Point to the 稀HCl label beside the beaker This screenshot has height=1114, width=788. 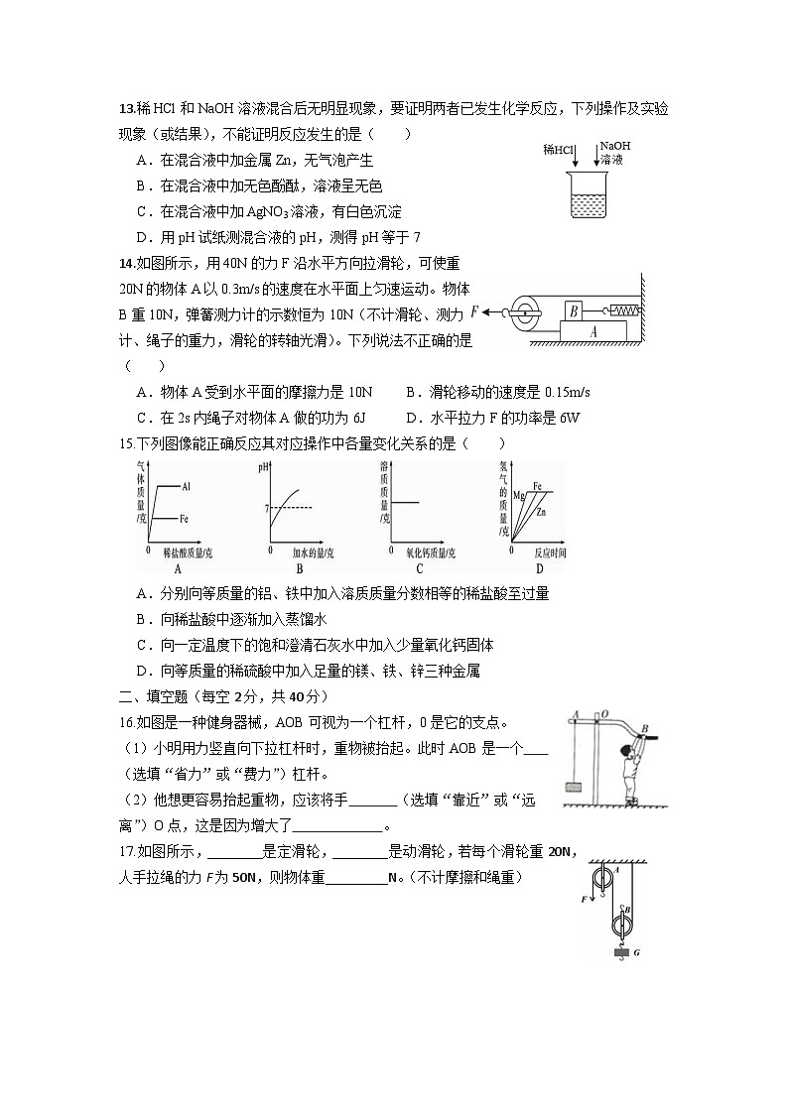(559, 150)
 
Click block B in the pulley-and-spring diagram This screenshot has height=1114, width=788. (573, 310)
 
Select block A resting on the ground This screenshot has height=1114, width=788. (592, 333)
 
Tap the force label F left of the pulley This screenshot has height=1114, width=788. (474, 311)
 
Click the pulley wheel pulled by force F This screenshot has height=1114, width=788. (522, 311)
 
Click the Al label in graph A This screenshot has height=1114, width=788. (187, 486)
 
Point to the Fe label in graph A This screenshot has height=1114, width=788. (186, 518)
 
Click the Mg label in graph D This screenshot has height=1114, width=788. (518, 493)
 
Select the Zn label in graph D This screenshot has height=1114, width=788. (541, 512)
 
